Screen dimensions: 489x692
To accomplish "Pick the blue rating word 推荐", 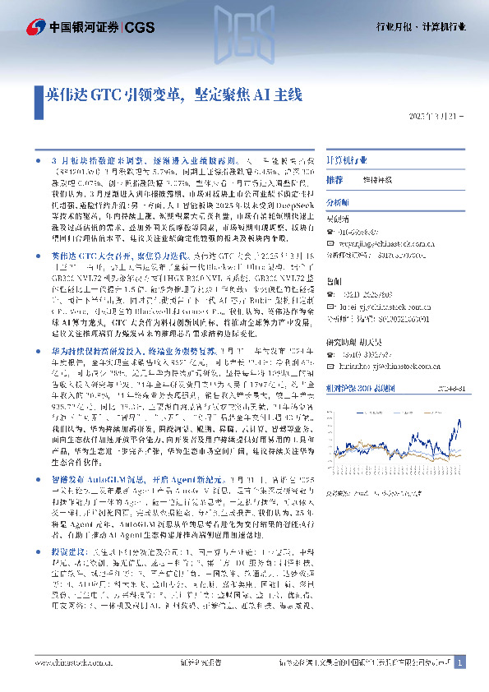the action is click(x=334, y=179).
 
